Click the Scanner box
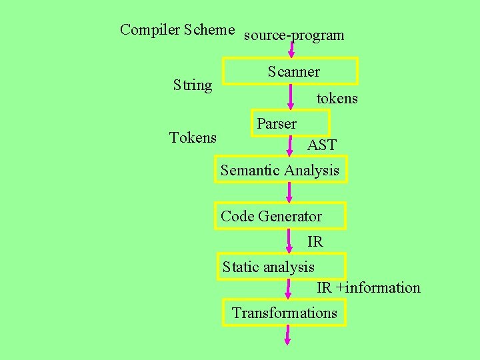click(x=290, y=71)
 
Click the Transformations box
click(x=285, y=313)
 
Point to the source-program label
click(x=294, y=35)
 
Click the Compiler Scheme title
click(x=177, y=30)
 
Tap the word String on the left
click(x=192, y=85)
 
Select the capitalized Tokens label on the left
click(x=193, y=138)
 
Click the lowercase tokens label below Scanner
click(x=337, y=99)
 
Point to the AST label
click(x=321, y=145)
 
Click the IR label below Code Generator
click(x=315, y=242)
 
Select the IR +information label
click(x=368, y=288)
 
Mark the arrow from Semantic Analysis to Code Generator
click(x=289, y=192)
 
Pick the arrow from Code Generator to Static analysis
click(x=289, y=241)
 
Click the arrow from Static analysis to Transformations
click(x=289, y=289)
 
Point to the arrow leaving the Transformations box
click(x=288, y=335)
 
